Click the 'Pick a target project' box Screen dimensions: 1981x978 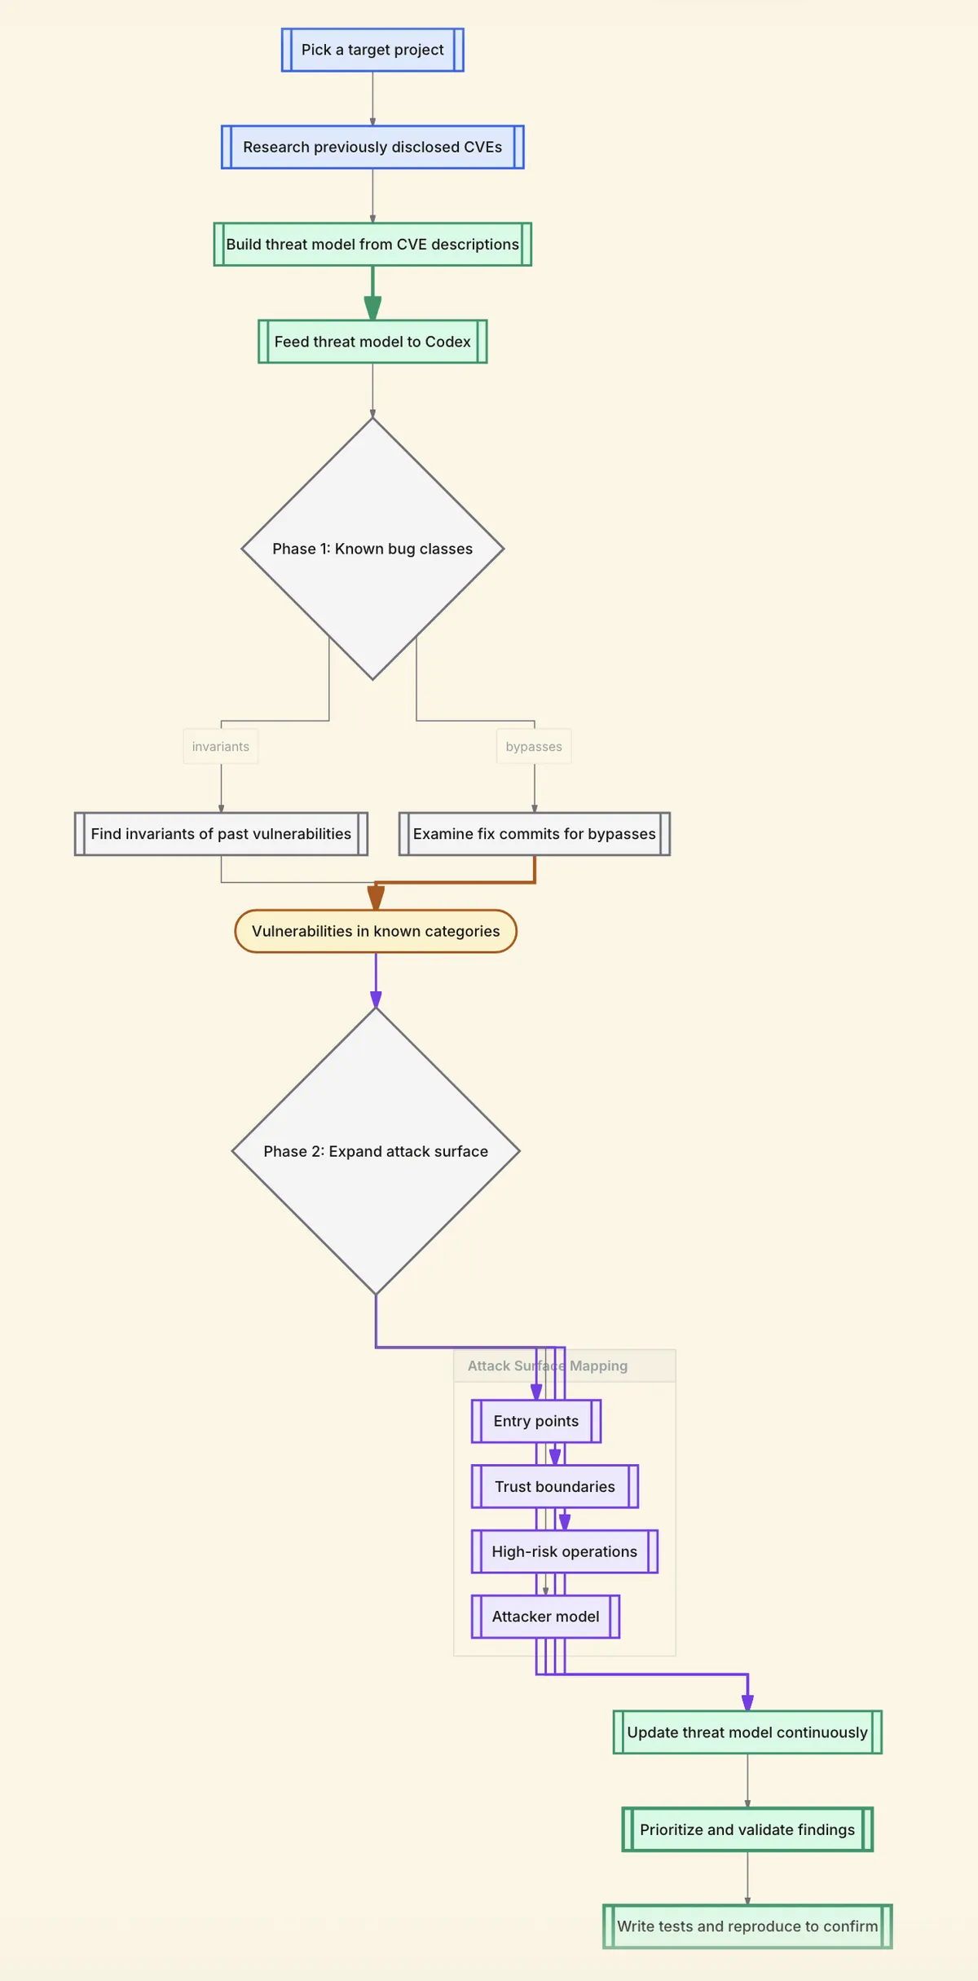(x=372, y=50)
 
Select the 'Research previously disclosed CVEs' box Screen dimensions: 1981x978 (x=372, y=147)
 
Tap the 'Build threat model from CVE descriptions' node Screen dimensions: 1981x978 (x=372, y=244)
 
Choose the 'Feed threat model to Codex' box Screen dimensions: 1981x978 (x=372, y=342)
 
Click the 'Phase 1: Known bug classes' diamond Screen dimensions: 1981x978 (x=372, y=549)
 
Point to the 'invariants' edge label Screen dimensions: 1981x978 (x=221, y=747)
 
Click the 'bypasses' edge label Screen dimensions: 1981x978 (x=534, y=747)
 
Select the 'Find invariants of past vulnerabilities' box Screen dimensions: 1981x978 (x=221, y=834)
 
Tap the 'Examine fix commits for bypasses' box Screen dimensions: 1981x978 (x=534, y=834)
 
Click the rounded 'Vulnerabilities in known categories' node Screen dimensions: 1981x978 (x=376, y=931)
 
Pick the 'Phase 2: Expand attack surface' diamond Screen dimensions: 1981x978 (x=376, y=1151)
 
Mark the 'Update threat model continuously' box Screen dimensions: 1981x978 (x=747, y=1732)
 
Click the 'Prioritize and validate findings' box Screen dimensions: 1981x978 (x=747, y=1829)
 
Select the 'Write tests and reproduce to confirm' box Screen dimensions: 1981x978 (x=747, y=1926)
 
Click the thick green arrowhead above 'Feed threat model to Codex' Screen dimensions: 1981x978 (x=372, y=308)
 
